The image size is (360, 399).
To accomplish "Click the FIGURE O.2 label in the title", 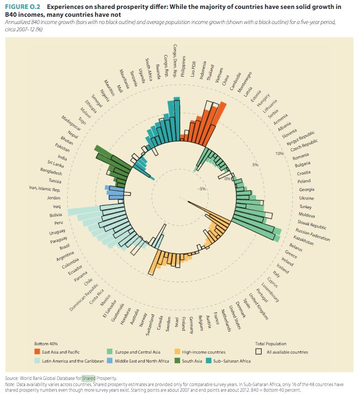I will pos(21,7).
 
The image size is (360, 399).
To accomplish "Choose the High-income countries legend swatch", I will pos(177,351).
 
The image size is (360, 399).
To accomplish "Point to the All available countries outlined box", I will pos(258,352).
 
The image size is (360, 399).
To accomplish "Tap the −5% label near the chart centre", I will pos(201,189).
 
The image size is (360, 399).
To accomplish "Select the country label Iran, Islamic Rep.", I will pos(45,189).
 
